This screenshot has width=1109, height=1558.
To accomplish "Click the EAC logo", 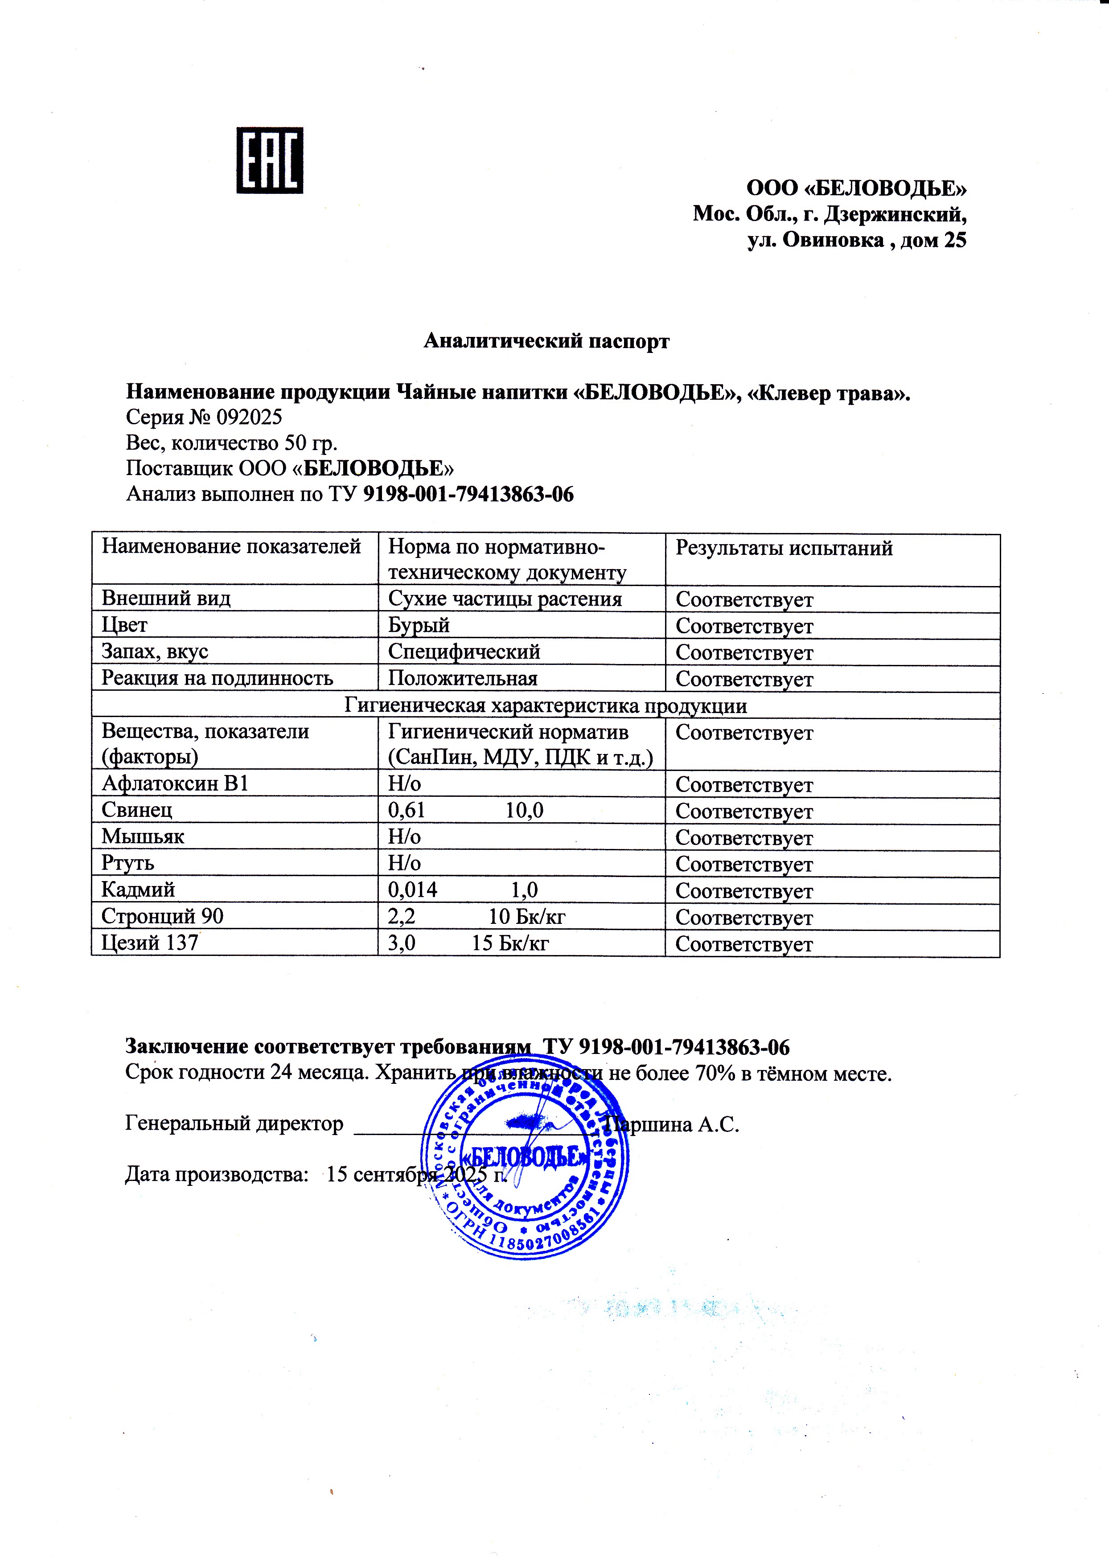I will pyautogui.click(x=269, y=160).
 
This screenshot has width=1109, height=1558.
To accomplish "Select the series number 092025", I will pyautogui.click(x=249, y=417).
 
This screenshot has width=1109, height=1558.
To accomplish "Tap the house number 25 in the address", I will pyautogui.click(x=955, y=240).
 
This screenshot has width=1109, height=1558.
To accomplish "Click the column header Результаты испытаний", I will pyautogui.click(x=784, y=548).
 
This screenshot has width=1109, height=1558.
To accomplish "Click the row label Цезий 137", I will pyautogui.click(x=150, y=943).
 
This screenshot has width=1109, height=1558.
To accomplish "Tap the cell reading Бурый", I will pyautogui.click(x=419, y=625).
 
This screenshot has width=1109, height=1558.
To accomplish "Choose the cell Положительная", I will pyautogui.click(x=462, y=679).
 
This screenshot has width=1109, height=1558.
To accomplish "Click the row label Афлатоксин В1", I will pyautogui.click(x=174, y=784).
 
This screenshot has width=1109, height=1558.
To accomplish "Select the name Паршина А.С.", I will pyautogui.click(x=673, y=1124).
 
